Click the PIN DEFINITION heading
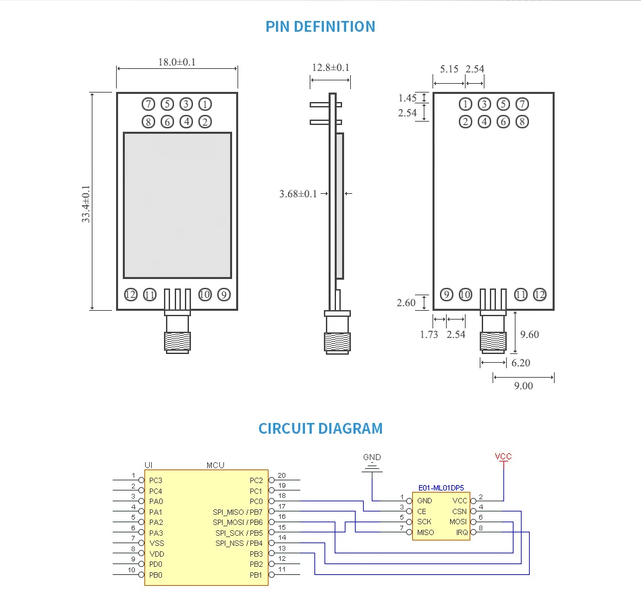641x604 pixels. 320,26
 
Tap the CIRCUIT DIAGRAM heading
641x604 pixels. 320,428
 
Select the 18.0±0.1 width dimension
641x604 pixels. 177,62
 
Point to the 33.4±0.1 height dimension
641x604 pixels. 86,204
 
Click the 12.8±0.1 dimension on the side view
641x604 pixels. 331,68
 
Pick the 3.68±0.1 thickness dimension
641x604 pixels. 298,194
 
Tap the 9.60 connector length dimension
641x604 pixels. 530,334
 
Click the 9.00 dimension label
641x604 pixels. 524,386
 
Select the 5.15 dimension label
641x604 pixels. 449,69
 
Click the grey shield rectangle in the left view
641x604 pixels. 177,205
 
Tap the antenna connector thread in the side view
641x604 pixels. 337,343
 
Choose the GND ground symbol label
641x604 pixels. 372,457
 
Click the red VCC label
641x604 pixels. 503,456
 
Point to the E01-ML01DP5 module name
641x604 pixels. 441,488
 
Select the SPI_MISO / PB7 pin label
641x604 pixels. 238,512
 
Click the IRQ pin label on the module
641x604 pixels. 462,532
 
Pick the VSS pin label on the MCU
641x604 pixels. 157,543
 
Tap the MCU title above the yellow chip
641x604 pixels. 215,465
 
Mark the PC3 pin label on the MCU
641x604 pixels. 156,480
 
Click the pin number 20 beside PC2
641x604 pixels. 281,475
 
